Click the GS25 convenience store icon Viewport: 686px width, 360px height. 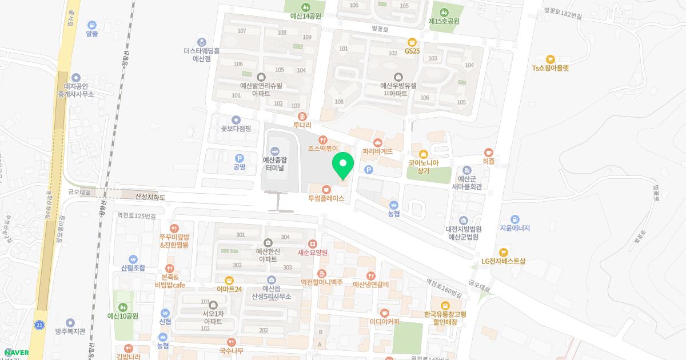(412, 42)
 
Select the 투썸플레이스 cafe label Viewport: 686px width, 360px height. (326, 199)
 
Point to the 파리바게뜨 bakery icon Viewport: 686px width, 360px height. (377, 142)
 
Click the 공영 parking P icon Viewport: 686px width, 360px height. (240, 158)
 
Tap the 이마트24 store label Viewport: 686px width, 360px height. (229, 289)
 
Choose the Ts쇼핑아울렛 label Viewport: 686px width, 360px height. (551, 68)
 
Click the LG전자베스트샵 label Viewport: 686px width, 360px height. (503, 261)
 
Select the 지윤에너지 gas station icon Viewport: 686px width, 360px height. (515, 219)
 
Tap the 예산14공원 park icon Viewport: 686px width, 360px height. (306, 7)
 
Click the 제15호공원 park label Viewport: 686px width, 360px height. (444, 21)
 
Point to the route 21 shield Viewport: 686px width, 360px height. (39, 325)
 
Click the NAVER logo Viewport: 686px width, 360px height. (17, 353)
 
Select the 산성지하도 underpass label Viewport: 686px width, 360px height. (150, 197)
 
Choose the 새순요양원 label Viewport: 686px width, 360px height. (313, 252)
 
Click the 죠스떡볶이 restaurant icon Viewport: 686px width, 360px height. (323, 139)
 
